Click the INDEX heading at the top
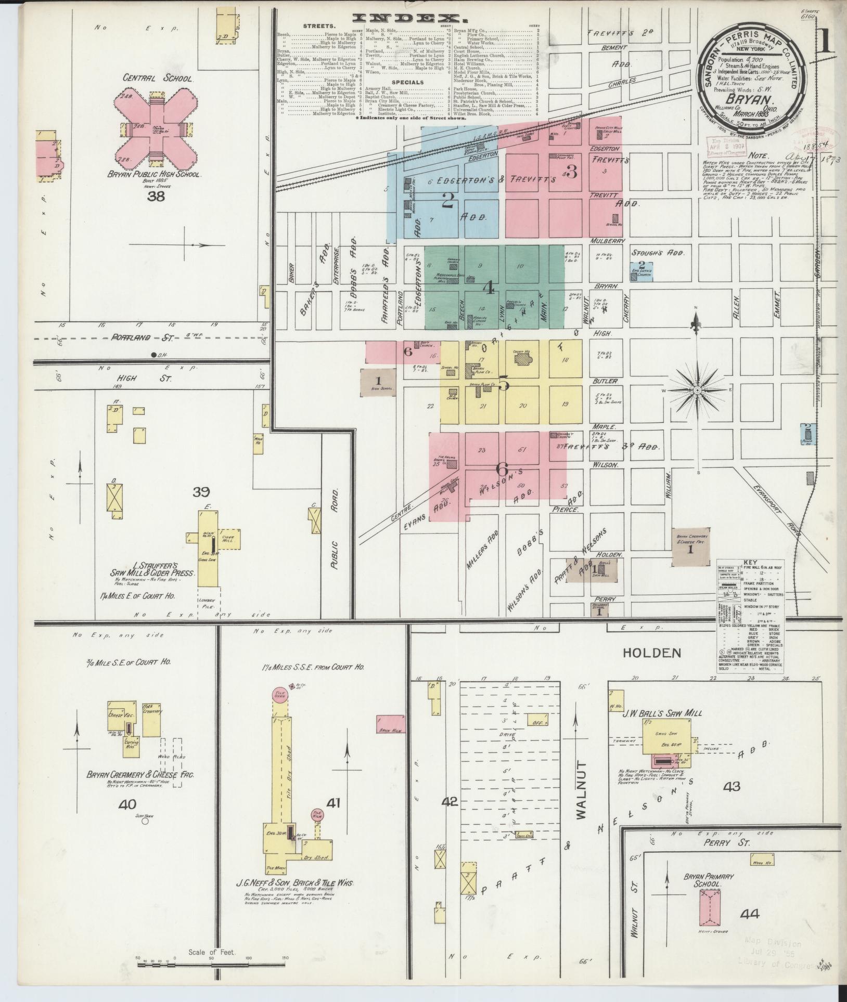tap(408, 19)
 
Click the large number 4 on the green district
tap(489, 288)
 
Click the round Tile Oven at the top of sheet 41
tap(280, 696)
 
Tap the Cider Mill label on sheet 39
tap(228, 538)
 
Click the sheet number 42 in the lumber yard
tap(450, 816)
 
